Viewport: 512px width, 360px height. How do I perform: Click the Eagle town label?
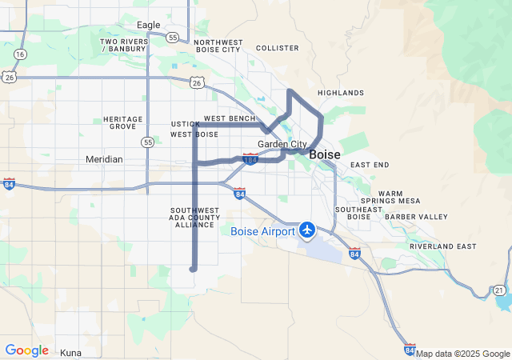[148, 25]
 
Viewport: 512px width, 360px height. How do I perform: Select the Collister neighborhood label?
[277, 48]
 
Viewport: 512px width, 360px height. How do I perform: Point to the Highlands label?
[340, 93]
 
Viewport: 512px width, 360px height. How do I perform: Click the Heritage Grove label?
[123, 122]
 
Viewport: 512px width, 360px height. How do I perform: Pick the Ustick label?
[185, 124]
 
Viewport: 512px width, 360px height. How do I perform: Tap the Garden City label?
[282, 144]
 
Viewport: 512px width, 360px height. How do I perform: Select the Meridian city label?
[104, 159]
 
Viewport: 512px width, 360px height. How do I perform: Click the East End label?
[370, 165]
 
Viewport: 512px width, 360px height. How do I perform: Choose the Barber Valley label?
[416, 217]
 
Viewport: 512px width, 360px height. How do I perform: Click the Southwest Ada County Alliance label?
[194, 218]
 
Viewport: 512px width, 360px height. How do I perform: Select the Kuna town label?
[71, 352]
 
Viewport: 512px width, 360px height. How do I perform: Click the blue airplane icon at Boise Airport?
[306, 230]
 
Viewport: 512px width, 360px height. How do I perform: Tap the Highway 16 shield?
[20, 54]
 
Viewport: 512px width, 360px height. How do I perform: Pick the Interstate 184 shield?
[250, 159]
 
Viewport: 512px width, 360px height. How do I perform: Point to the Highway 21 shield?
[498, 289]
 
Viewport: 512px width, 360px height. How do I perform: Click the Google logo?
[26, 350]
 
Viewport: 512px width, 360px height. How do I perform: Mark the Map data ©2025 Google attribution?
[462, 354]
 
